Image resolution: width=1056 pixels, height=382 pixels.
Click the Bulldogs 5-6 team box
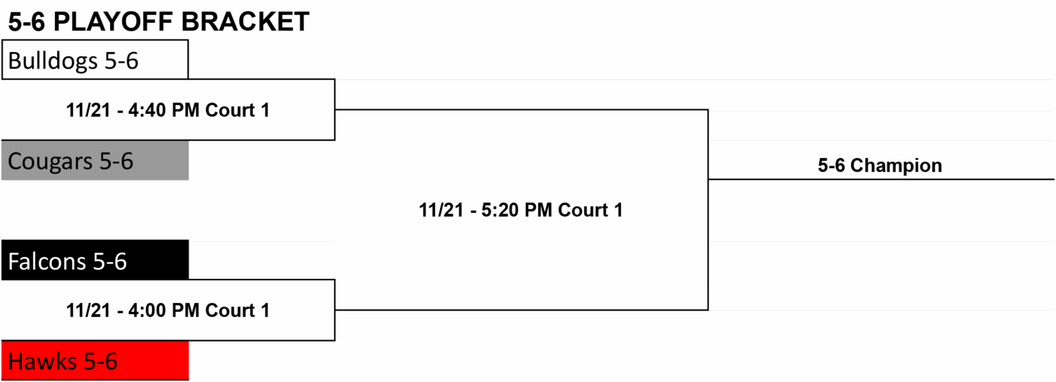point(95,59)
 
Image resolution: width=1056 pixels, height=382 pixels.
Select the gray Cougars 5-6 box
point(95,160)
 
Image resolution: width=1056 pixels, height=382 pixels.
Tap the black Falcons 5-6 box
point(95,260)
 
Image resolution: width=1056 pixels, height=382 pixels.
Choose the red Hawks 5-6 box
point(95,360)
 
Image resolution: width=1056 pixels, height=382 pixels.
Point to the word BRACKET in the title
point(245,22)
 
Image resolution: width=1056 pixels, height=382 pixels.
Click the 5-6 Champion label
point(880,166)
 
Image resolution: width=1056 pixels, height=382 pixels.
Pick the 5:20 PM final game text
point(521,210)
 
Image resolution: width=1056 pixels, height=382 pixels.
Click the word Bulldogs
point(53,60)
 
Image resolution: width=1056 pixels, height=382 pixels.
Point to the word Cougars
point(50,161)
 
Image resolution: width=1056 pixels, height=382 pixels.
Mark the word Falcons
point(47,261)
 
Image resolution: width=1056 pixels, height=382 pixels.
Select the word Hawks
point(43,361)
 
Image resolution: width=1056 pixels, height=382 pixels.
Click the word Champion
point(896,166)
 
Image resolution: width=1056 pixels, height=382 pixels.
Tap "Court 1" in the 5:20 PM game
point(591,210)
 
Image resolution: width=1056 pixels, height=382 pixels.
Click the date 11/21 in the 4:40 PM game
point(88,110)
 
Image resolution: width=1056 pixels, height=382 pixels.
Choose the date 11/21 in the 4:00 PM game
point(88,311)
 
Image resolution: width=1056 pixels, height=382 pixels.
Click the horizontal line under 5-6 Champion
point(881,179)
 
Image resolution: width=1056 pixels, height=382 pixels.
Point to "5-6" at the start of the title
point(26,22)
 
